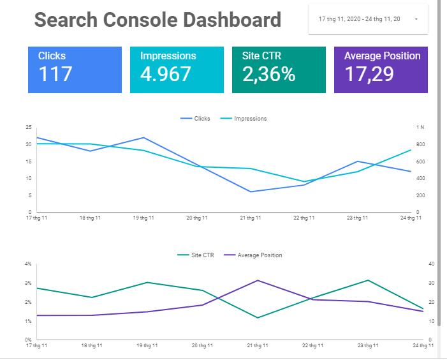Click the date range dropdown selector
tap(368, 19)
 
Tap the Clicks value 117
tap(56, 74)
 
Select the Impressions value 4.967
tap(166, 74)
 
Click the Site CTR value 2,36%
tap(269, 74)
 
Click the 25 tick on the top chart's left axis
tap(28, 128)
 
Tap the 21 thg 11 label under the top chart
tap(251, 218)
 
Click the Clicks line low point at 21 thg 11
tap(251, 191)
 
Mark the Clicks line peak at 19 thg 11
tap(143, 137)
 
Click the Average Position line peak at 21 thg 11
tap(257, 280)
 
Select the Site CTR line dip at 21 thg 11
tap(257, 318)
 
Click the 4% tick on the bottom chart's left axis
tap(27, 264)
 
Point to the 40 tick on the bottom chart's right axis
tap(431, 264)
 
